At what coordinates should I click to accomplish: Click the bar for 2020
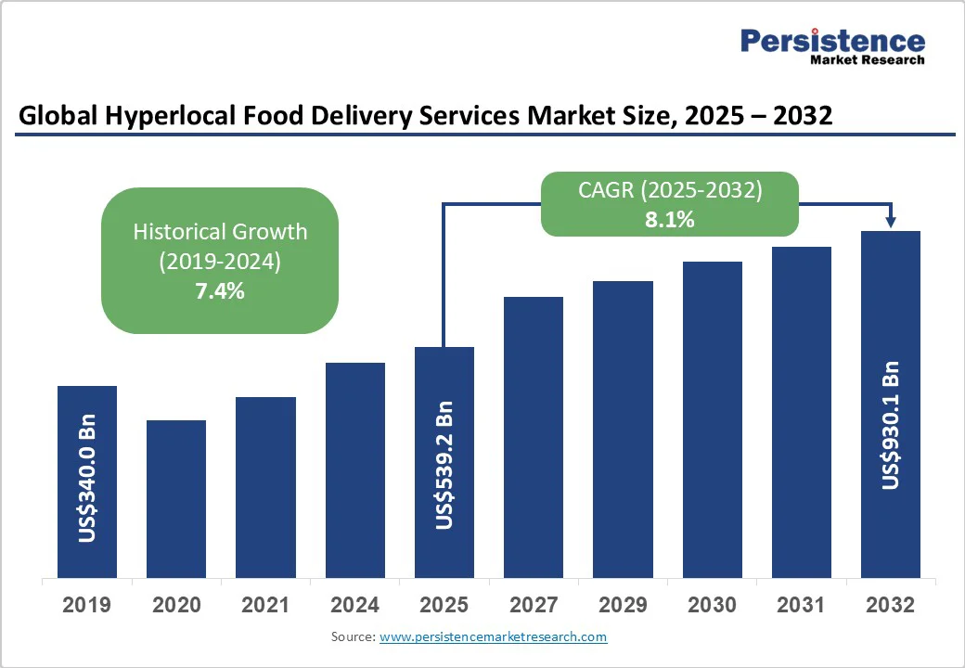176,498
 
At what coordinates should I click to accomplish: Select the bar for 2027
534,436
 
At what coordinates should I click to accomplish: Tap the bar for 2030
713,419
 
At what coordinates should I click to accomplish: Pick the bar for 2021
265,487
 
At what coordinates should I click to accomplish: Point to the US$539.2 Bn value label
444,465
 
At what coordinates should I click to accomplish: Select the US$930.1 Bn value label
891,419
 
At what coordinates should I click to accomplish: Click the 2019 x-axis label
87,606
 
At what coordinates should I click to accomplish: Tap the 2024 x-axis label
354,606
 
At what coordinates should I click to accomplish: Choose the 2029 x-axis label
623,606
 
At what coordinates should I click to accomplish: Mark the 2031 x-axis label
802,606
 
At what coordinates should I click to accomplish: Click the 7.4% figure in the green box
219,291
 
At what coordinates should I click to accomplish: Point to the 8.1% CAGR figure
670,220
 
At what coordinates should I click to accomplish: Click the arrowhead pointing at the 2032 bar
891,222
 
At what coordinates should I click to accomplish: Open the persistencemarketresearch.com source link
493,637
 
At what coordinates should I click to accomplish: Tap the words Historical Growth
219,231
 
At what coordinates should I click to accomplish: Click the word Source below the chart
352,637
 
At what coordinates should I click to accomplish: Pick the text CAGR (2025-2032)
670,191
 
